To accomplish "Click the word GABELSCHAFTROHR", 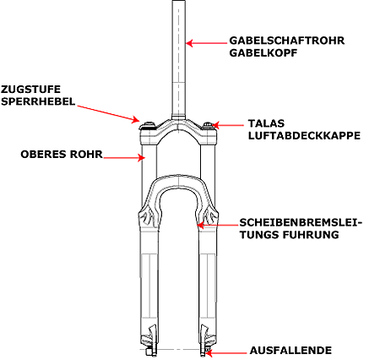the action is point(287,41).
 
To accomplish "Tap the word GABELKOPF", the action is point(263,52).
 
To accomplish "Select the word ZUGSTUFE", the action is point(30,90).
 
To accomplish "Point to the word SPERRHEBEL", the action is point(38,101).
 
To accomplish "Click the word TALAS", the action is point(266,123).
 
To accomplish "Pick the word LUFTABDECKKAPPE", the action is point(304,135).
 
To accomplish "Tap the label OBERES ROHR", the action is point(62,155).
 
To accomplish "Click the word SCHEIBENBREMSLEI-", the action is point(301,222).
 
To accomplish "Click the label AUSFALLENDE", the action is point(290,351).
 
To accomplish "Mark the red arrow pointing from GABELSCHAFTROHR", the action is point(206,43).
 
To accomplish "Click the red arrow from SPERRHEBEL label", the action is point(108,114).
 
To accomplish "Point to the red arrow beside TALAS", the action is point(228,125).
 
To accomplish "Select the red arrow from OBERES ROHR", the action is point(124,158).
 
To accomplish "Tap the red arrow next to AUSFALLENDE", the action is point(225,352).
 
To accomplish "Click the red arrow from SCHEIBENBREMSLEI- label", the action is point(217,225).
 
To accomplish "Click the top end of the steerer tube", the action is point(179,1).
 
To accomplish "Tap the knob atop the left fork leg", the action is point(149,125).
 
